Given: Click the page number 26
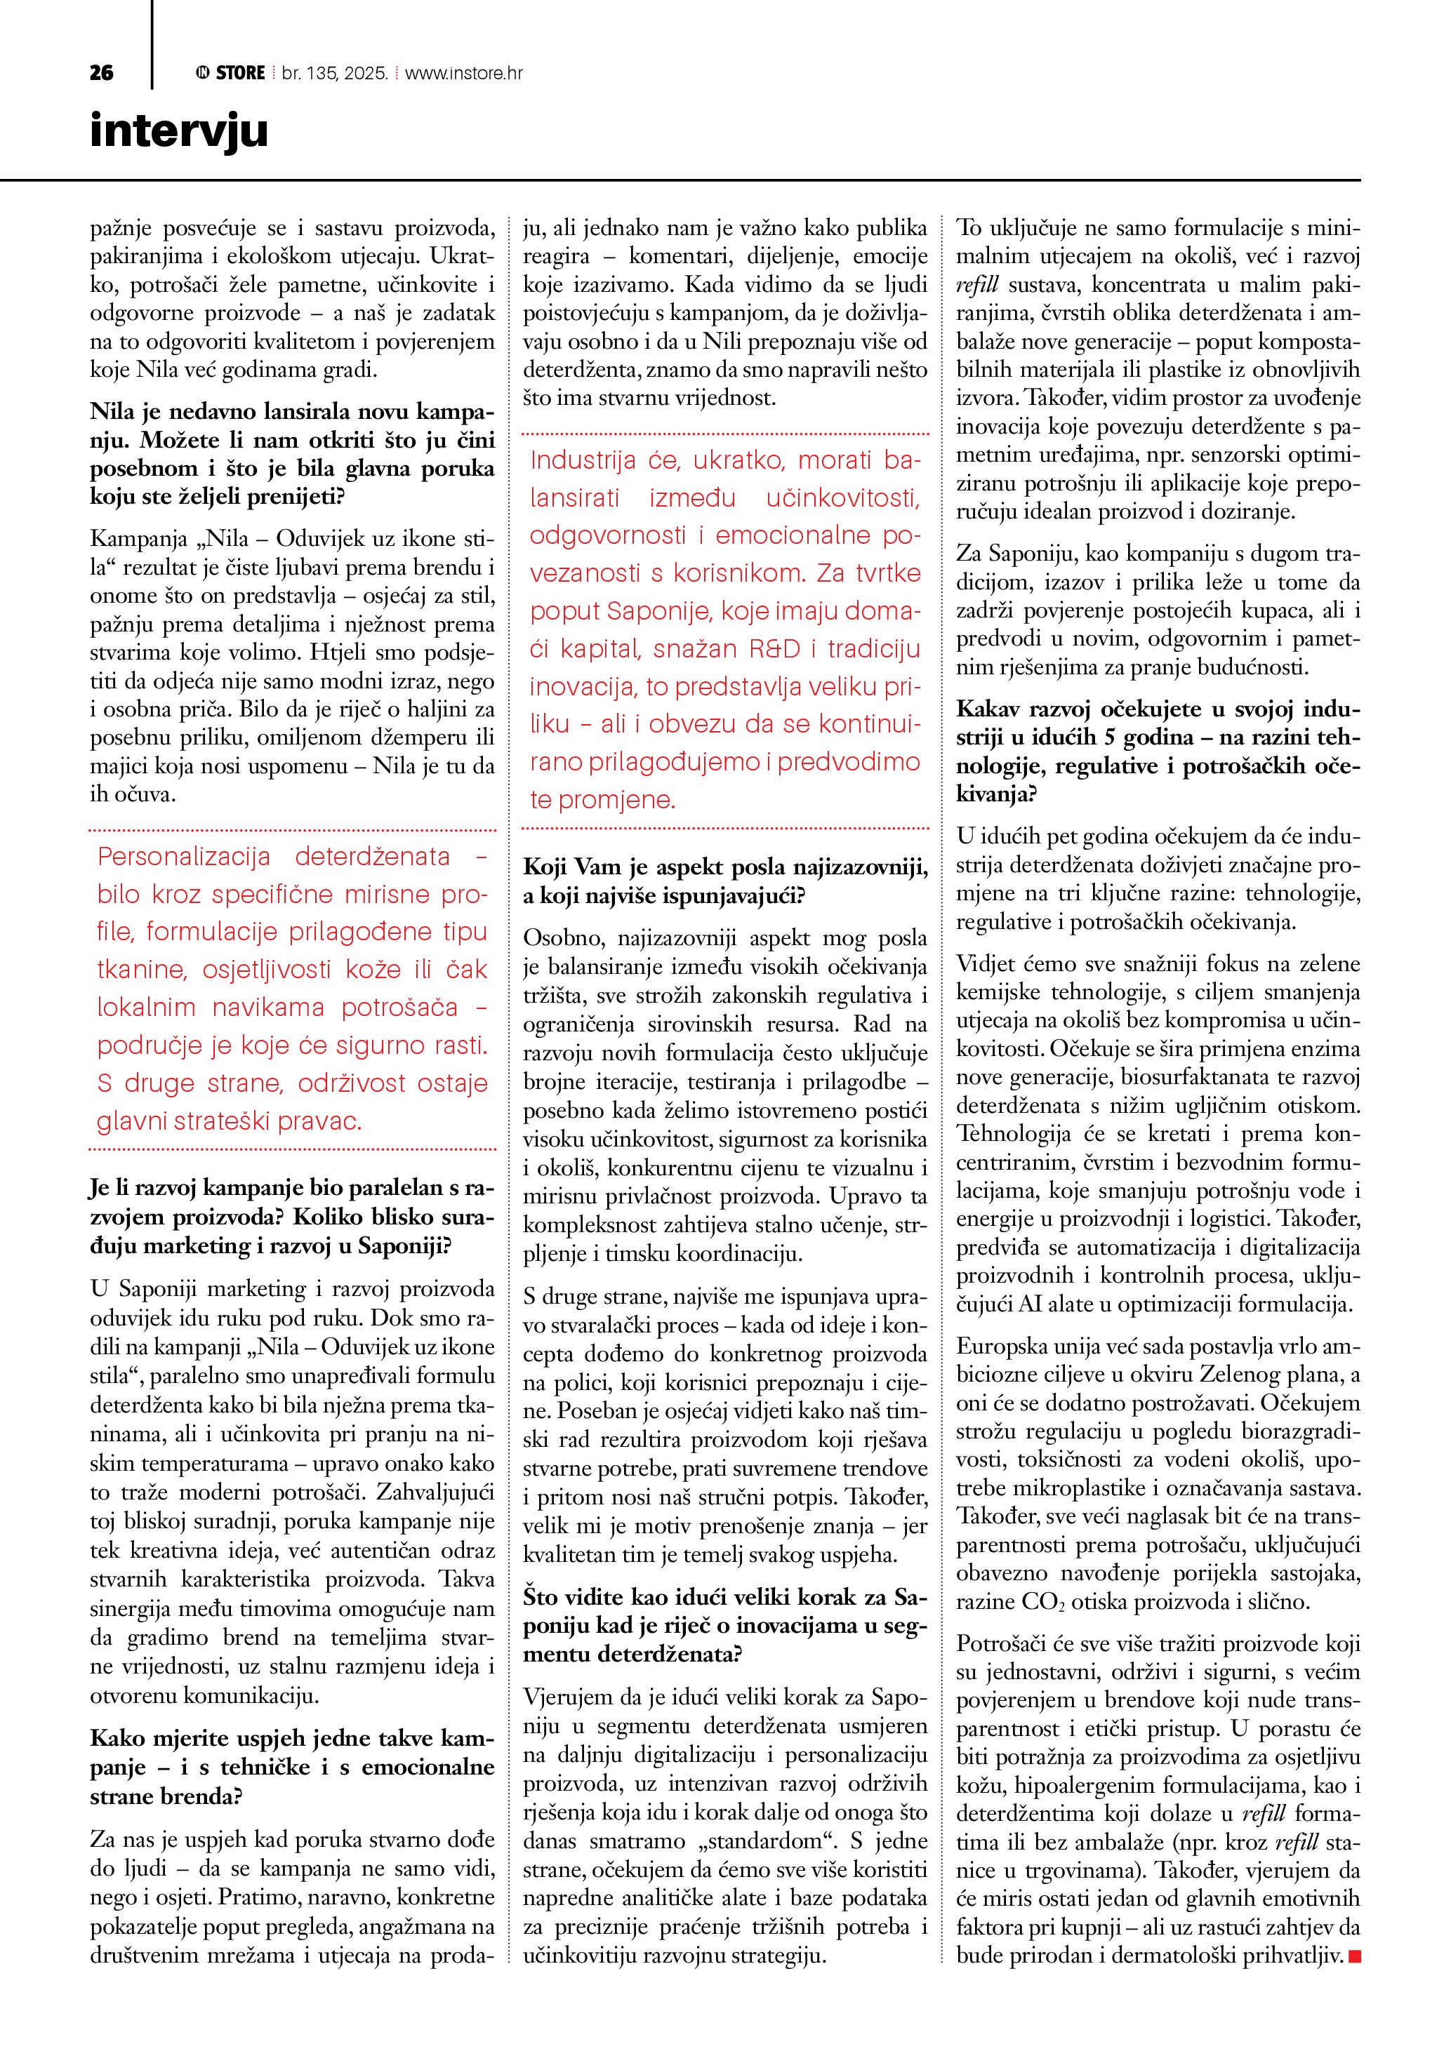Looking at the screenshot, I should coord(101,73).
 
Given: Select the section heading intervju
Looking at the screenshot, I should coord(179,131).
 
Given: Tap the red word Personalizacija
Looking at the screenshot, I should coord(184,857).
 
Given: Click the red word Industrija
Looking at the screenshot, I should coord(583,460).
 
